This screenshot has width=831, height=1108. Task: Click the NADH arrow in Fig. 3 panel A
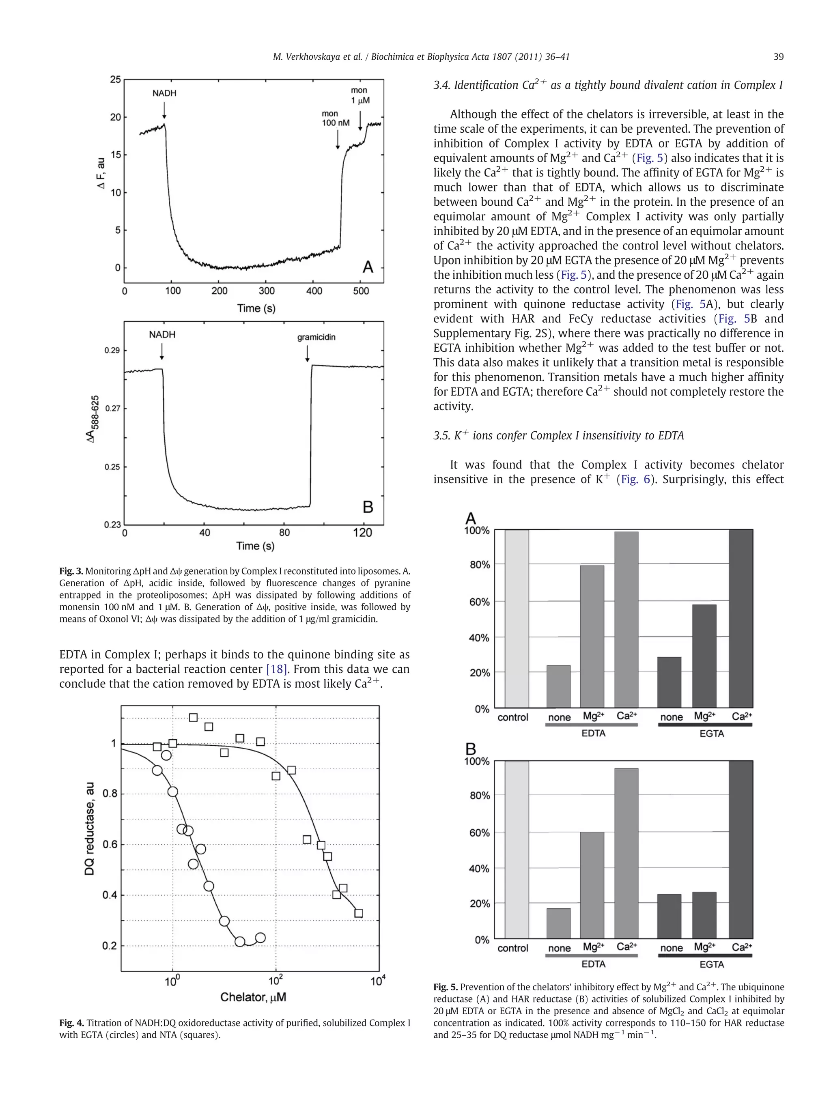(164, 110)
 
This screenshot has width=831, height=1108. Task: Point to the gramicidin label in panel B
(316, 337)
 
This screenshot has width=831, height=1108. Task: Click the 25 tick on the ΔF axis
(115, 80)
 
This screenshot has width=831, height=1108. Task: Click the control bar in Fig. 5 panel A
(517, 619)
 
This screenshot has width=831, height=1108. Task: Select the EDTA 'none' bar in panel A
(558, 686)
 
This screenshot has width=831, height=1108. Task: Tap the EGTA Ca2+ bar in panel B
(741, 850)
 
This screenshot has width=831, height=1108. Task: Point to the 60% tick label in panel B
(479, 833)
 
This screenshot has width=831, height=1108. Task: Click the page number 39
(778, 57)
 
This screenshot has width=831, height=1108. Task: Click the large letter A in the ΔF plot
(368, 267)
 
